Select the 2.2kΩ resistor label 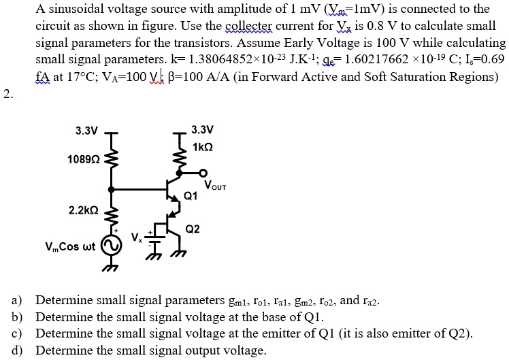pyautogui.click(x=84, y=210)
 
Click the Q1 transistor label pyautogui.click(x=191, y=196)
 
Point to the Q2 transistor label pyautogui.click(x=193, y=229)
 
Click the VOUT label pyautogui.click(x=215, y=185)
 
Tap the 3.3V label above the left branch pyautogui.click(x=86, y=129)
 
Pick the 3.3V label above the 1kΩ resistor pyautogui.click(x=203, y=129)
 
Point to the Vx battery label pyautogui.click(x=137, y=238)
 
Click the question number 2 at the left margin pyautogui.click(x=7, y=93)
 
